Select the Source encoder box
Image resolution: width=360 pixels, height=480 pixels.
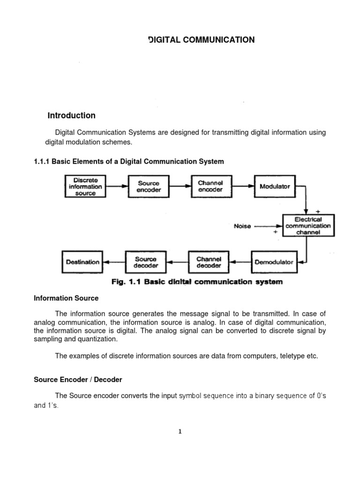pyautogui.click(x=149, y=187)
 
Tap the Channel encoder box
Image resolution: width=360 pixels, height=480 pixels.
pyautogui.click(x=210, y=186)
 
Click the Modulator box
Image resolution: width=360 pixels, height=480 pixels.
pyautogui.click(x=275, y=186)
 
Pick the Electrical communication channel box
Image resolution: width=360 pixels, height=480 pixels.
pyautogui.click(x=308, y=225)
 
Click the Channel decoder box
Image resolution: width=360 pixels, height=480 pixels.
pyautogui.click(x=209, y=262)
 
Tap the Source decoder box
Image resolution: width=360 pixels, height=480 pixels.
pyautogui.click(x=146, y=262)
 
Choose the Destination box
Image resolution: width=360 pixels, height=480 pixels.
pyautogui.click(x=83, y=262)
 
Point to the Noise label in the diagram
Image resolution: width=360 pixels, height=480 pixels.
pyautogui.click(x=242, y=226)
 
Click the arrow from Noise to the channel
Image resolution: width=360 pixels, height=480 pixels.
pyautogui.click(x=267, y=226)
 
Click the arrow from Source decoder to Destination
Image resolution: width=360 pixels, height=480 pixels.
pyautogui.click(x=114, y=262)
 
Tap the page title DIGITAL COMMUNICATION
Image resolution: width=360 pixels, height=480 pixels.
pyautogui.click(x=202, y=40)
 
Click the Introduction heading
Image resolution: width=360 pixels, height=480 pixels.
pyautogui.click(x=72, y=115)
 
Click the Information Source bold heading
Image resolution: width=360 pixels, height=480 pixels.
pyautogui.click(x=66, y=298)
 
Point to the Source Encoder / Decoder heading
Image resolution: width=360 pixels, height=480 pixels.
pyautogui.click(x=78, y=379)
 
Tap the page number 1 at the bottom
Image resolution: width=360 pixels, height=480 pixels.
pyautogui.click(x=180, y=432)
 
